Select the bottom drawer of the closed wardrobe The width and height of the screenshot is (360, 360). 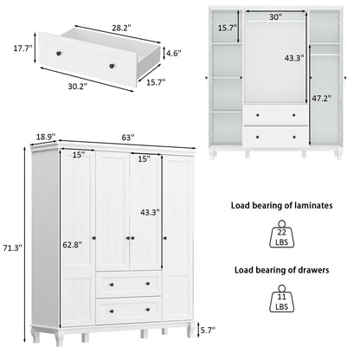pyautogui.click(x=128, y=308)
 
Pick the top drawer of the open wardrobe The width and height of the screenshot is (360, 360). pyautogui.click(x=275, y=114)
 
